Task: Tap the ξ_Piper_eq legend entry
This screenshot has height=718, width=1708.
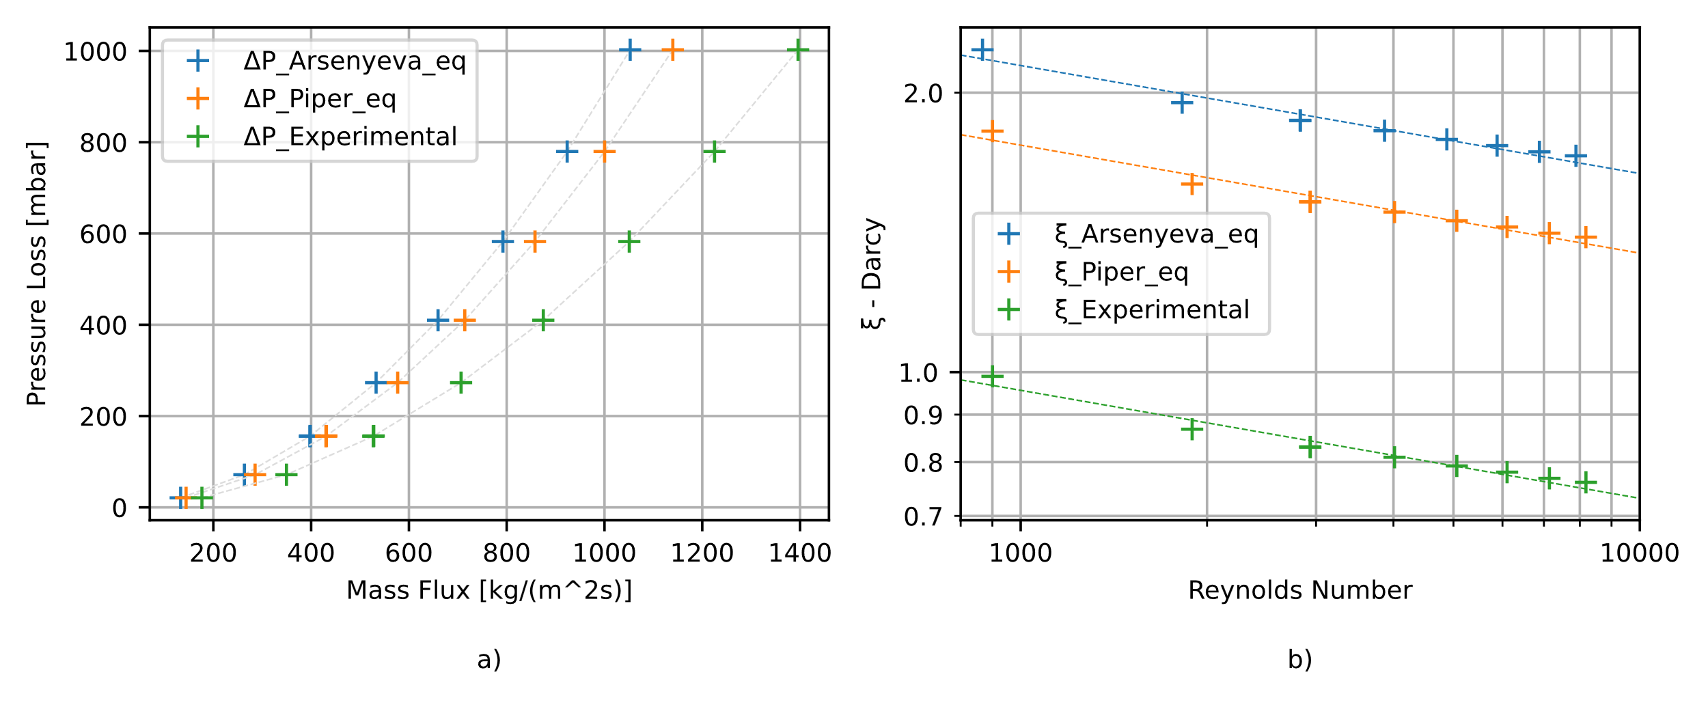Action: (x=1121, y=272)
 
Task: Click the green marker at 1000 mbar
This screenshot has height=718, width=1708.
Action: (x=797, y=50)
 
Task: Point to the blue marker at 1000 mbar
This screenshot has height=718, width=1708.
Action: (x=630, y=50)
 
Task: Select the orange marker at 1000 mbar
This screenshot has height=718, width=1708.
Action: (x=672, y=50)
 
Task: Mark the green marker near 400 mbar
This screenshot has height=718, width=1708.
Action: (x=542, y=320)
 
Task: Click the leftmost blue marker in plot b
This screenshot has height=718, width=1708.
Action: (x=982, y=50)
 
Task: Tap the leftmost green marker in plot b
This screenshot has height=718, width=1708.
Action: (x=992, y=376)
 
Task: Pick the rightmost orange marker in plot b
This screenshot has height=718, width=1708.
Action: (x=1586, y=238)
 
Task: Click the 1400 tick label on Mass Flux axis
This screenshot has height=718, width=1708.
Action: (x=799, y=553)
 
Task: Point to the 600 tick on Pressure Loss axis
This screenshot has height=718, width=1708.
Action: (x=103, y=234)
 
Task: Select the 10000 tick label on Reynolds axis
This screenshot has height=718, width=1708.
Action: (x=1640, y=553)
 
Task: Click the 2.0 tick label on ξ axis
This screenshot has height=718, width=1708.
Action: (x=923, y=94)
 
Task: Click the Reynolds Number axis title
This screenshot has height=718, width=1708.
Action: (x=1299, y=590)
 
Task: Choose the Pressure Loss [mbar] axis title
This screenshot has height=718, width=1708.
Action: (x=37, y=273)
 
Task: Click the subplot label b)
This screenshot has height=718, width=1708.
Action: (x=1299, y=659)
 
